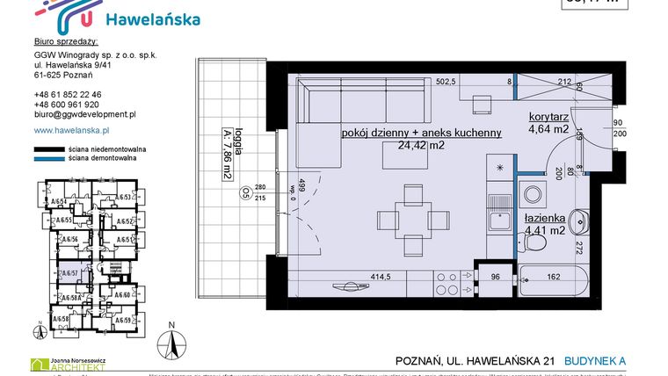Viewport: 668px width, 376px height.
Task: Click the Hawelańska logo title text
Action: click(x=151, y=18)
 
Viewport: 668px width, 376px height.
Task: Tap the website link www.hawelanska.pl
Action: click(x=69, y=130)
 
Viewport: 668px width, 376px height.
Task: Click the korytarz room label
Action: click(x=552, y=116)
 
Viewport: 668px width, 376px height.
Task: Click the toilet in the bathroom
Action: click(x=582, y=221)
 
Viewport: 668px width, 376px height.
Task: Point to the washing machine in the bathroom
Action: click(x=532, y=194)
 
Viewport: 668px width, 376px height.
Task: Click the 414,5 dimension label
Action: click(x=380, y=276)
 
